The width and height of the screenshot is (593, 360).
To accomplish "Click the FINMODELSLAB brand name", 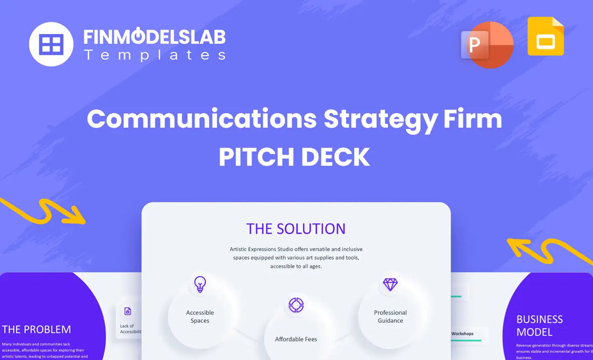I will tap(154, 37).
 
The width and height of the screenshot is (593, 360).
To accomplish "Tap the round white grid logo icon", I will tap(51, 44).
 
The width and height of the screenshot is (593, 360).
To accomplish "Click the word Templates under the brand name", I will tap(154, 55).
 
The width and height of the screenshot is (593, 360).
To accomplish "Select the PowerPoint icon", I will tap(486, 45).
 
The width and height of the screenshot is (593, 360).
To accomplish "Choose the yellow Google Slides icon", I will tap(546, 37).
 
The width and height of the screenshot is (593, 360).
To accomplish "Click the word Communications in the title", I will tap(202, 119).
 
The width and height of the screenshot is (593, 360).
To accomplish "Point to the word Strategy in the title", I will tap(380, 119).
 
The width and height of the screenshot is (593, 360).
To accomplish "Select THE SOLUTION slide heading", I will tap(296, 229).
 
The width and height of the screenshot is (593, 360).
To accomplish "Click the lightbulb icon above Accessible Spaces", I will tap(200, 284).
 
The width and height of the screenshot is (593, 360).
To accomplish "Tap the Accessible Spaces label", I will tap(200, 316).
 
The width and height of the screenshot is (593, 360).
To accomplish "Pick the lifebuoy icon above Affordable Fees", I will tap(296, 305).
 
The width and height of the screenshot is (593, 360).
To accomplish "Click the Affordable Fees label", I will tap(296, 339).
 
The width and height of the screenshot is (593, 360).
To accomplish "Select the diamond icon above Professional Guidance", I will tap(390, 284).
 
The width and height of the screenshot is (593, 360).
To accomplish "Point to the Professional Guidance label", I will tap(390, 316).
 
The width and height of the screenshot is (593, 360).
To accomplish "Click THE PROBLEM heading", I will tap(36, 329).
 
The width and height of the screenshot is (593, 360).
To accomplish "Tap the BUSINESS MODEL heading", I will tap(540, 325).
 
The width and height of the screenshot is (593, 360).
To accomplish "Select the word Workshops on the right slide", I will tap(462, 334).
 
